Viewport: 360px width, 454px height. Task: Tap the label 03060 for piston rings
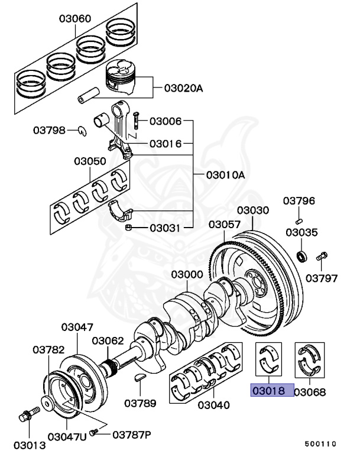(x=74, y=19)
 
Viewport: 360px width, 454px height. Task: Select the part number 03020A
(x=183, y=89)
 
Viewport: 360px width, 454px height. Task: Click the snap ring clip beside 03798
(x=84, y=130)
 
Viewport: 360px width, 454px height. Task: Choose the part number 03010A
(x=225, y=175)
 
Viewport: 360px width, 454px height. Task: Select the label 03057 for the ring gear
(x=225, y=225)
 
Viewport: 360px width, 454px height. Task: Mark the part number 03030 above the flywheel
(x=253, y=210)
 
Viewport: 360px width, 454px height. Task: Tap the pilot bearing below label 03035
(x=301, y=256)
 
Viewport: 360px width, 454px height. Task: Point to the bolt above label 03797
(x=322, y=257)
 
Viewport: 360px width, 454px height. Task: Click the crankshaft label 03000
(x=187, y=275)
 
